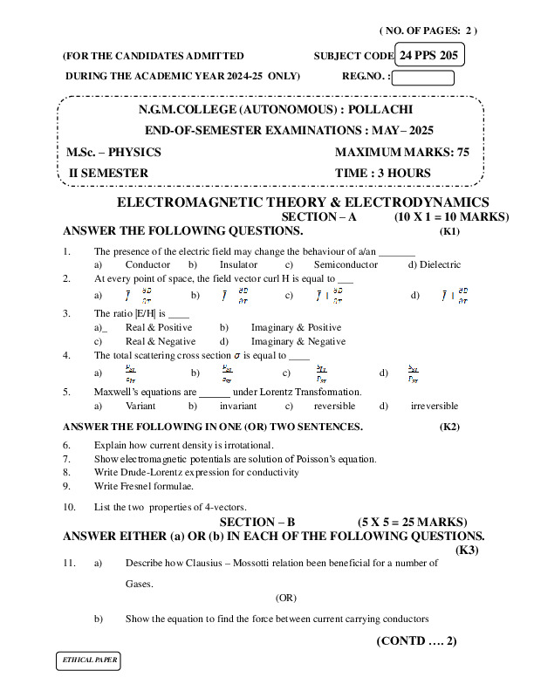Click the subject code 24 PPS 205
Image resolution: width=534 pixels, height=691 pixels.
pos(430,55)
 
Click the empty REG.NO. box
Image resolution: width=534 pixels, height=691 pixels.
pos(422,77)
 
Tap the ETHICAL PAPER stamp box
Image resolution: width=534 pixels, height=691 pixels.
pos(86,660)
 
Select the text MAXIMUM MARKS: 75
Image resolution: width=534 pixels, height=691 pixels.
pos(402,152)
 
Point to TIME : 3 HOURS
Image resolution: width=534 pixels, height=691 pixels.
pos(383,173)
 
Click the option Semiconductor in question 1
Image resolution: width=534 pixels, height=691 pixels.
pos(346,264)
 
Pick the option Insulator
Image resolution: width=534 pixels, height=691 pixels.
pos(238,264)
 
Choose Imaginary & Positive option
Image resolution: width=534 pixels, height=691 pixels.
pos(297,327)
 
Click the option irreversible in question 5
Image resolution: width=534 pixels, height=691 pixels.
pos(434,406)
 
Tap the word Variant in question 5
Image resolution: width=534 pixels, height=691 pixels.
pos(140,406)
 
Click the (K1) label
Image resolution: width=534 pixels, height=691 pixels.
pos(449,232)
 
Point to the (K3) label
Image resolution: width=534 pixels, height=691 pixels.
pos(468,550)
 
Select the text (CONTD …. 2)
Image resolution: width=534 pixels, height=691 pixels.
pos(416,641)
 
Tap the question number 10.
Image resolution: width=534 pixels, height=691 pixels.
pos(69,507)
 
